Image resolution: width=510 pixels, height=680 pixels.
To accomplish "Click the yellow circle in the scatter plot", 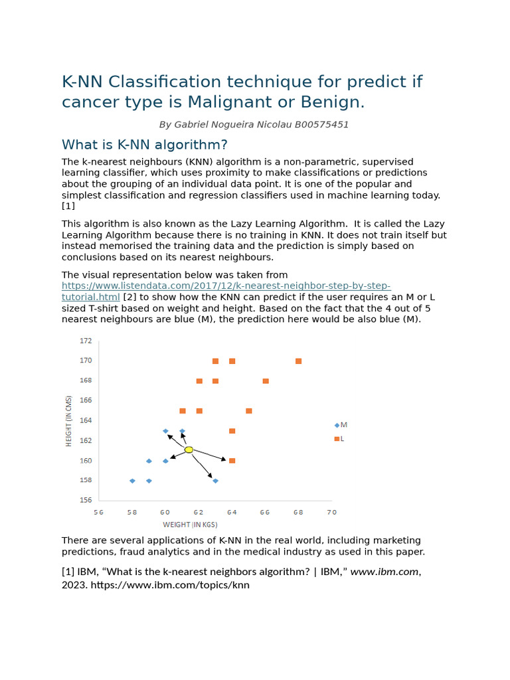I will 189,450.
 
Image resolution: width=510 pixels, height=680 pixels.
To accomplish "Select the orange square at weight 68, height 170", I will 298,361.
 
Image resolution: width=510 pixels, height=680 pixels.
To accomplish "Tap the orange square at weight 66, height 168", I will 266,381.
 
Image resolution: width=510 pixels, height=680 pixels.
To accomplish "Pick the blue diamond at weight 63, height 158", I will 215,481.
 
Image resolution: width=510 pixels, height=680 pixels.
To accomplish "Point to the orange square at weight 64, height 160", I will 232,461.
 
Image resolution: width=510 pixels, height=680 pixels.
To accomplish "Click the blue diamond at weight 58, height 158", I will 132,481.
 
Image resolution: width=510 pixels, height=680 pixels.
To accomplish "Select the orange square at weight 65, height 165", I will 249,411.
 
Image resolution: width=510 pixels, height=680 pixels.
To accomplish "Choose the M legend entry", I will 341,425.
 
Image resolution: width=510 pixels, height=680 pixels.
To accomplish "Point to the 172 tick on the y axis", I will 86,341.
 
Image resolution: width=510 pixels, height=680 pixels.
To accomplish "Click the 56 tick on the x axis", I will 99,512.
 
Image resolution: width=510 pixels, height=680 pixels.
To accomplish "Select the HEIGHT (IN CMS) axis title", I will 69,421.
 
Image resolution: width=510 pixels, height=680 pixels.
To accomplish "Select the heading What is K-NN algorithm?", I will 145,145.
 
